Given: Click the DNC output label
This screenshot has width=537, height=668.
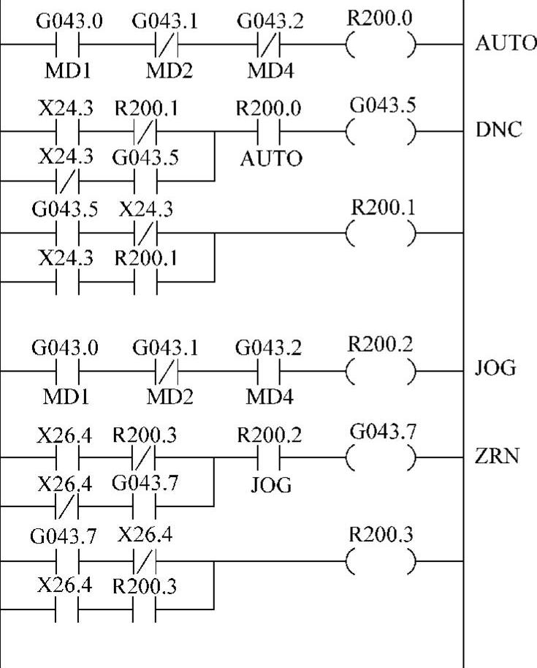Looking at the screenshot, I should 499,132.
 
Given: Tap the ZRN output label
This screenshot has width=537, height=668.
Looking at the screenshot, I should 499,457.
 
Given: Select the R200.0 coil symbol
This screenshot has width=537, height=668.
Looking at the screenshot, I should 380,45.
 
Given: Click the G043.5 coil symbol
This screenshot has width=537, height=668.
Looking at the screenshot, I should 380,132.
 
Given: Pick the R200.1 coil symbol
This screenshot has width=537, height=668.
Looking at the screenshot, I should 380,233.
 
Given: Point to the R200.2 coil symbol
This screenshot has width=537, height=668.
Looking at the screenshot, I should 380,371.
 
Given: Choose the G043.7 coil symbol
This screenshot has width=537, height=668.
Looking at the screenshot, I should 380,458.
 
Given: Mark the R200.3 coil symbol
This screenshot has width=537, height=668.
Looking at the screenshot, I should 380,561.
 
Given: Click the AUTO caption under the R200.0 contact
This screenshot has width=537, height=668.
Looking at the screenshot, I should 271,159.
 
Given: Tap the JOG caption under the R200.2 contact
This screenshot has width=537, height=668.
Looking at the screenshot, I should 271,484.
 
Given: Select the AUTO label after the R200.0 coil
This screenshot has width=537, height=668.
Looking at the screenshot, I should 505,43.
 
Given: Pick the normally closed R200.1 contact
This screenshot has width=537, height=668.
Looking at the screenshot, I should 145,132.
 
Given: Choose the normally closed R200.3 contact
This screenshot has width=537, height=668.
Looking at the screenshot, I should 145,458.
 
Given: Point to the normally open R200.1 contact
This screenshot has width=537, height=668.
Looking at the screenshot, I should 145,282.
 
